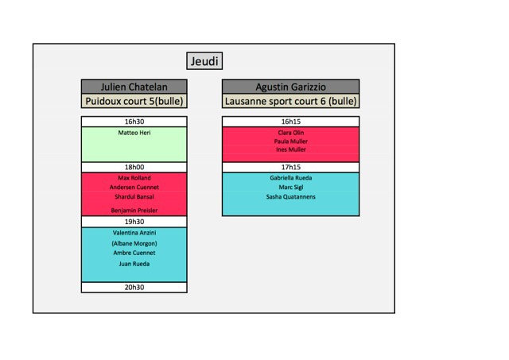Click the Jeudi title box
click(204, 61)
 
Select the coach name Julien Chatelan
click(134, 87)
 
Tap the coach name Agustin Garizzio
click(291, 87)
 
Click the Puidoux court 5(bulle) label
click(134, 101)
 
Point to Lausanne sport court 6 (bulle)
click(291, 101)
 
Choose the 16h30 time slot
click(134, 122)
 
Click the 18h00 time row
click(134, 167)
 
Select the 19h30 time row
click(134, 222)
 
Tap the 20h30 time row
click(134, 288)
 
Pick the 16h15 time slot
click(291, 122)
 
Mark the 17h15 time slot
click(291, 167)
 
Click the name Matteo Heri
click(134, 133)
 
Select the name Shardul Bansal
click(134, 196)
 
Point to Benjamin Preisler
click(134, 210)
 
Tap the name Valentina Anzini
click(134, 233)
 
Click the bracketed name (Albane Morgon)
click(134, 243)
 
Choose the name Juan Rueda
click(134, 264)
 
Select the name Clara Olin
click(291, 133)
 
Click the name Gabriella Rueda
click(291, 178)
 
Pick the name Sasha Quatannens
click(291, 196)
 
